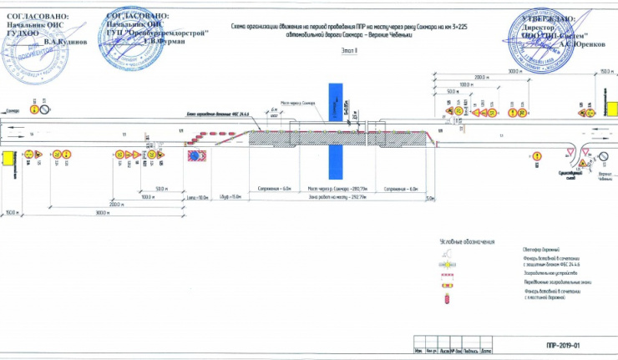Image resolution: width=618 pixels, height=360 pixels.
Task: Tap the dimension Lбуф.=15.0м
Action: click(230, 196)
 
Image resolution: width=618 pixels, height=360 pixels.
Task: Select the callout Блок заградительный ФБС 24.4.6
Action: click(212, 115)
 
